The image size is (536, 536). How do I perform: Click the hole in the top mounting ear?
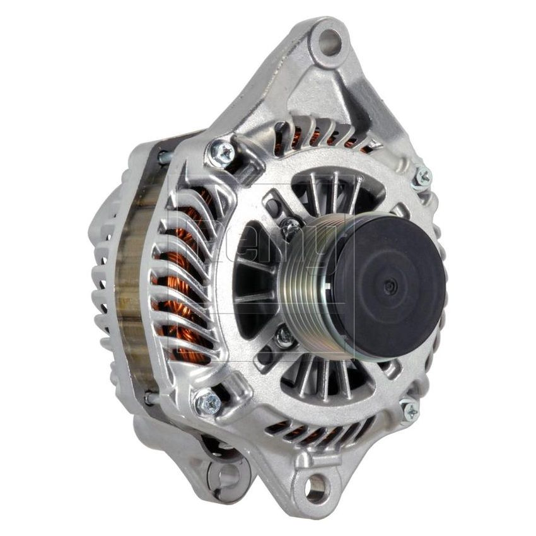pyautogui.click(x=329, y=42)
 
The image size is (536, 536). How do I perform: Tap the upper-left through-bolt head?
pyautogui.click(x=221, y=153)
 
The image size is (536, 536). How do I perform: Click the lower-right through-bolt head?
pyautogui.click(x=410, y=410)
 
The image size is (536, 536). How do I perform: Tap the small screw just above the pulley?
pyautogui.click(x=291, y=228)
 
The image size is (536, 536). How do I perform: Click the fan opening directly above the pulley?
pyautogui.click(x=334, y=189)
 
